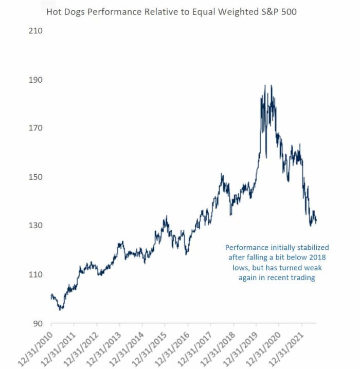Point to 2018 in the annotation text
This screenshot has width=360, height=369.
317,257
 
